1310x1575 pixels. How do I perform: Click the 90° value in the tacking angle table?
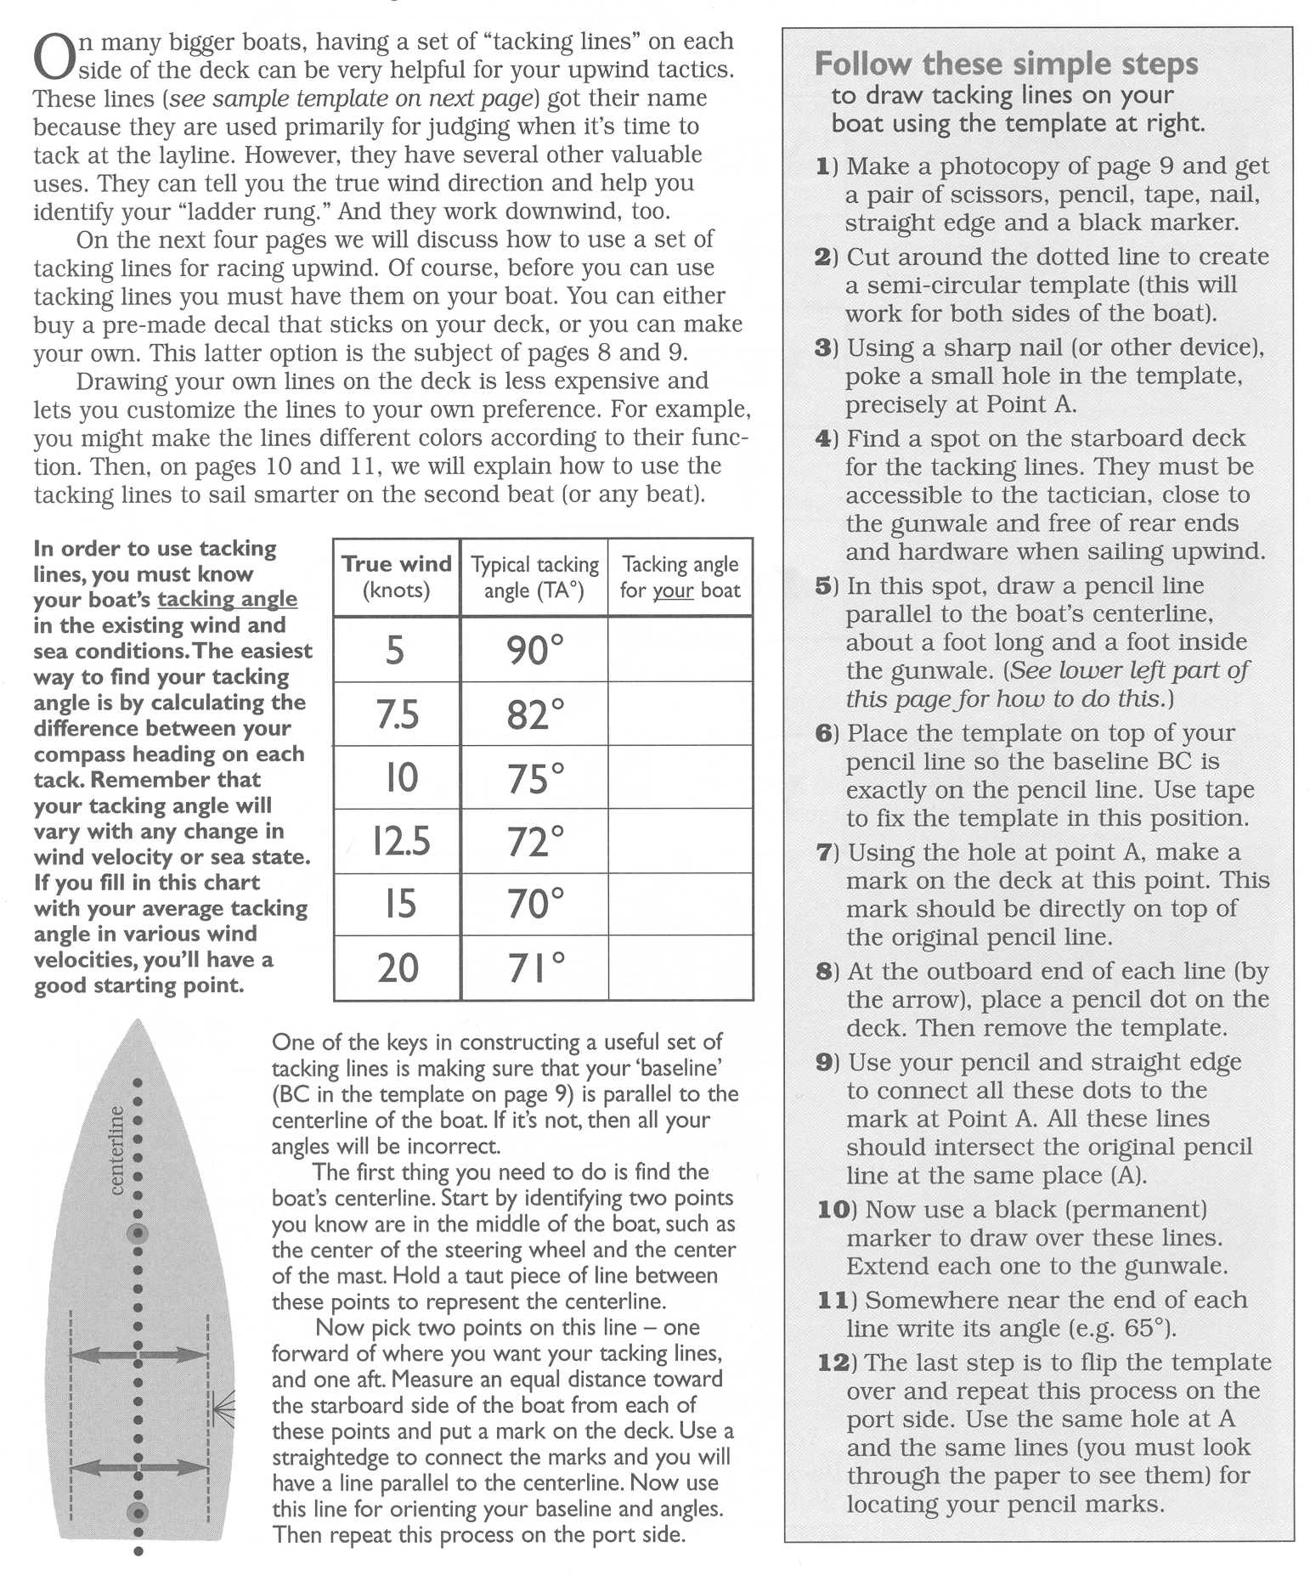tap(534, 650)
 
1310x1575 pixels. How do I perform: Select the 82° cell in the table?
tap(534, 714)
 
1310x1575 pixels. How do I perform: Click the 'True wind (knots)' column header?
tap(397, 577)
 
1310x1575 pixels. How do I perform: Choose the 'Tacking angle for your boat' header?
tap(680, 577)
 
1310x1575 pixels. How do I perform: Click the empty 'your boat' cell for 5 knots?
tap(680, 650)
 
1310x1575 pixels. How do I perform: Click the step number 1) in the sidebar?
tap(827, 166)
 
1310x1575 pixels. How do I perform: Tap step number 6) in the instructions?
tap(827, 733)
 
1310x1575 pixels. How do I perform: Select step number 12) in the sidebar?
tap(836, 1363)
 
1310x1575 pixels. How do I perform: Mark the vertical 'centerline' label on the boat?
tap(117, 1149)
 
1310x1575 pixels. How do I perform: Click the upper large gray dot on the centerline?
tap(138, 1233)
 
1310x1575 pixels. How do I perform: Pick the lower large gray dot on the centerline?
tap(138, 1511)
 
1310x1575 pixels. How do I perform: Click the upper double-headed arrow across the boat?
tap(138, 1356)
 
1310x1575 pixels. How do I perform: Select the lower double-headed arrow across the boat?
tap(138, 1466)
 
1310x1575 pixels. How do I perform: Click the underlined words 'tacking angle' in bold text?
tap(227, 600)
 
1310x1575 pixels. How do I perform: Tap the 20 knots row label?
tap(398, 968)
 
